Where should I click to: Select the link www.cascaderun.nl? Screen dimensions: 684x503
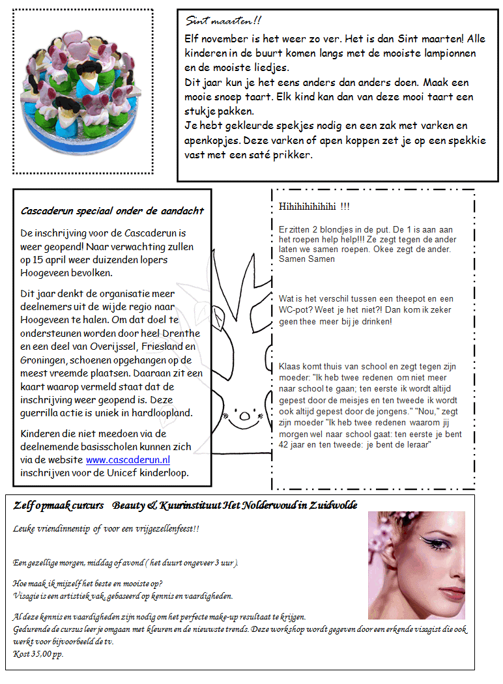(128, 459)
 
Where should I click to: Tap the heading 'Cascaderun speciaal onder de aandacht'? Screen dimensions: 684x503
(112, 210)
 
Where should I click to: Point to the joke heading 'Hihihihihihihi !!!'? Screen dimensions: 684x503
(314, 207)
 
